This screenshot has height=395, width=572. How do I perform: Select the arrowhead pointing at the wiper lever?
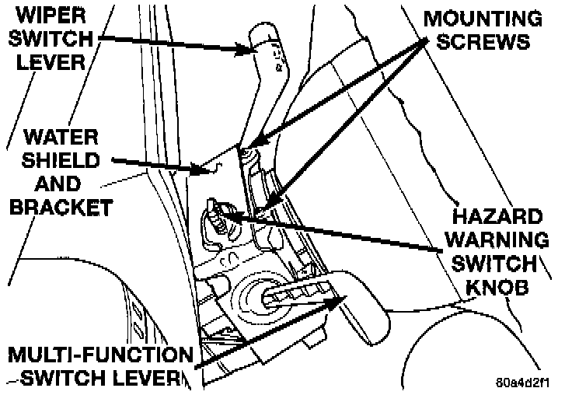250,51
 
